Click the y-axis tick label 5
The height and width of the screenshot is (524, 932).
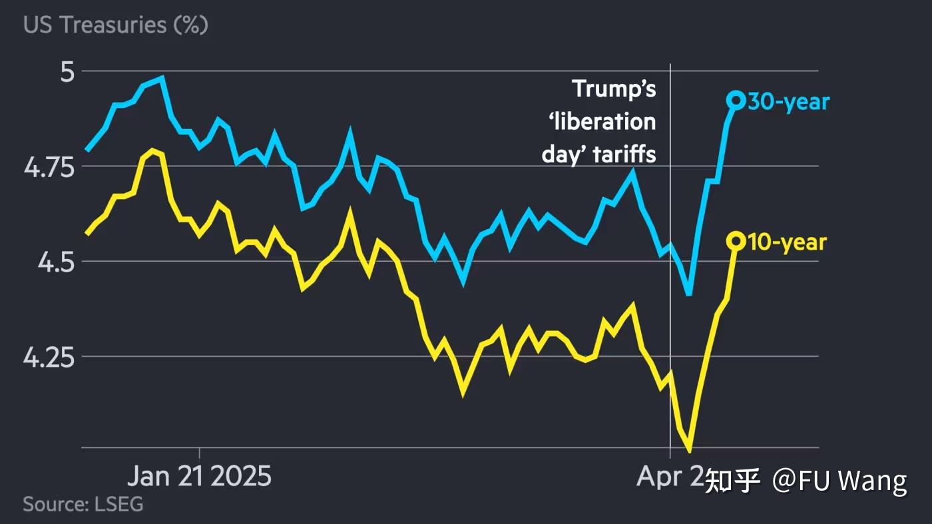coord(69,71)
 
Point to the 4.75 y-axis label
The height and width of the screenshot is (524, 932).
coord(50,166)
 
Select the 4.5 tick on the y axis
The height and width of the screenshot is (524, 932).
coord(55,262)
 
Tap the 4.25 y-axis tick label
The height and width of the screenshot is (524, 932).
coord(50,358)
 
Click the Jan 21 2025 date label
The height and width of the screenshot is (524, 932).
coord(199,477)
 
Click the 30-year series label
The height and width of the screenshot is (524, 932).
coord(789,102)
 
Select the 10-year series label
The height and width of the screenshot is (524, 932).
coord(787,242)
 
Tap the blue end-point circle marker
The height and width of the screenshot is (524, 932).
coord(736,100)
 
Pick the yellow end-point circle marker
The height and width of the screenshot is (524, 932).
coord(736,241)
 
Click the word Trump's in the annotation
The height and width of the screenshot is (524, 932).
coord(614,89)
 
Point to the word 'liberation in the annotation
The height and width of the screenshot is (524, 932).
coord(598,122)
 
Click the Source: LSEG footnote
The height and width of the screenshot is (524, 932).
coord(83,504)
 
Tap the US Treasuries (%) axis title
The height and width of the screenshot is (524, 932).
coord(115,25)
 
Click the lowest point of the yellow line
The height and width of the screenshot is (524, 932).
coord(689,451)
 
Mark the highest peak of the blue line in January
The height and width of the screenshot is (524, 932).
coord(162,78)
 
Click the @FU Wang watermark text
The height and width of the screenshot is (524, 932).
coord(839,480)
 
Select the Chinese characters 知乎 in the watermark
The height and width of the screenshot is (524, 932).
coord(732,480)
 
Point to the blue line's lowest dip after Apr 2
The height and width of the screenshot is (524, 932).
coord(688,293)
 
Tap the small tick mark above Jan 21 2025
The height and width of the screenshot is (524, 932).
coord(199,453)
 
